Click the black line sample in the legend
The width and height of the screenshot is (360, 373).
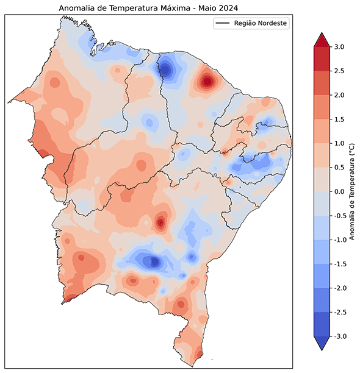coord(222,23)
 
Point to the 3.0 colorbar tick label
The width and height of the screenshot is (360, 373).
coord(339,47)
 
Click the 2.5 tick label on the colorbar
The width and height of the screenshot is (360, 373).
coord(339,71)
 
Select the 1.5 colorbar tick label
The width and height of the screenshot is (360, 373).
coord(339,119)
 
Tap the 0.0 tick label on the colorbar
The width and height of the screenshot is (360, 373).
coord(339,191)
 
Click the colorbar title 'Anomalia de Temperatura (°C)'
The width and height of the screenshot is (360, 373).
coord(352,191)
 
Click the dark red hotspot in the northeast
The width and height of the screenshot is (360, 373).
coord(207,80)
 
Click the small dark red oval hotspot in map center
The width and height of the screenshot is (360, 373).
coord(161,222)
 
